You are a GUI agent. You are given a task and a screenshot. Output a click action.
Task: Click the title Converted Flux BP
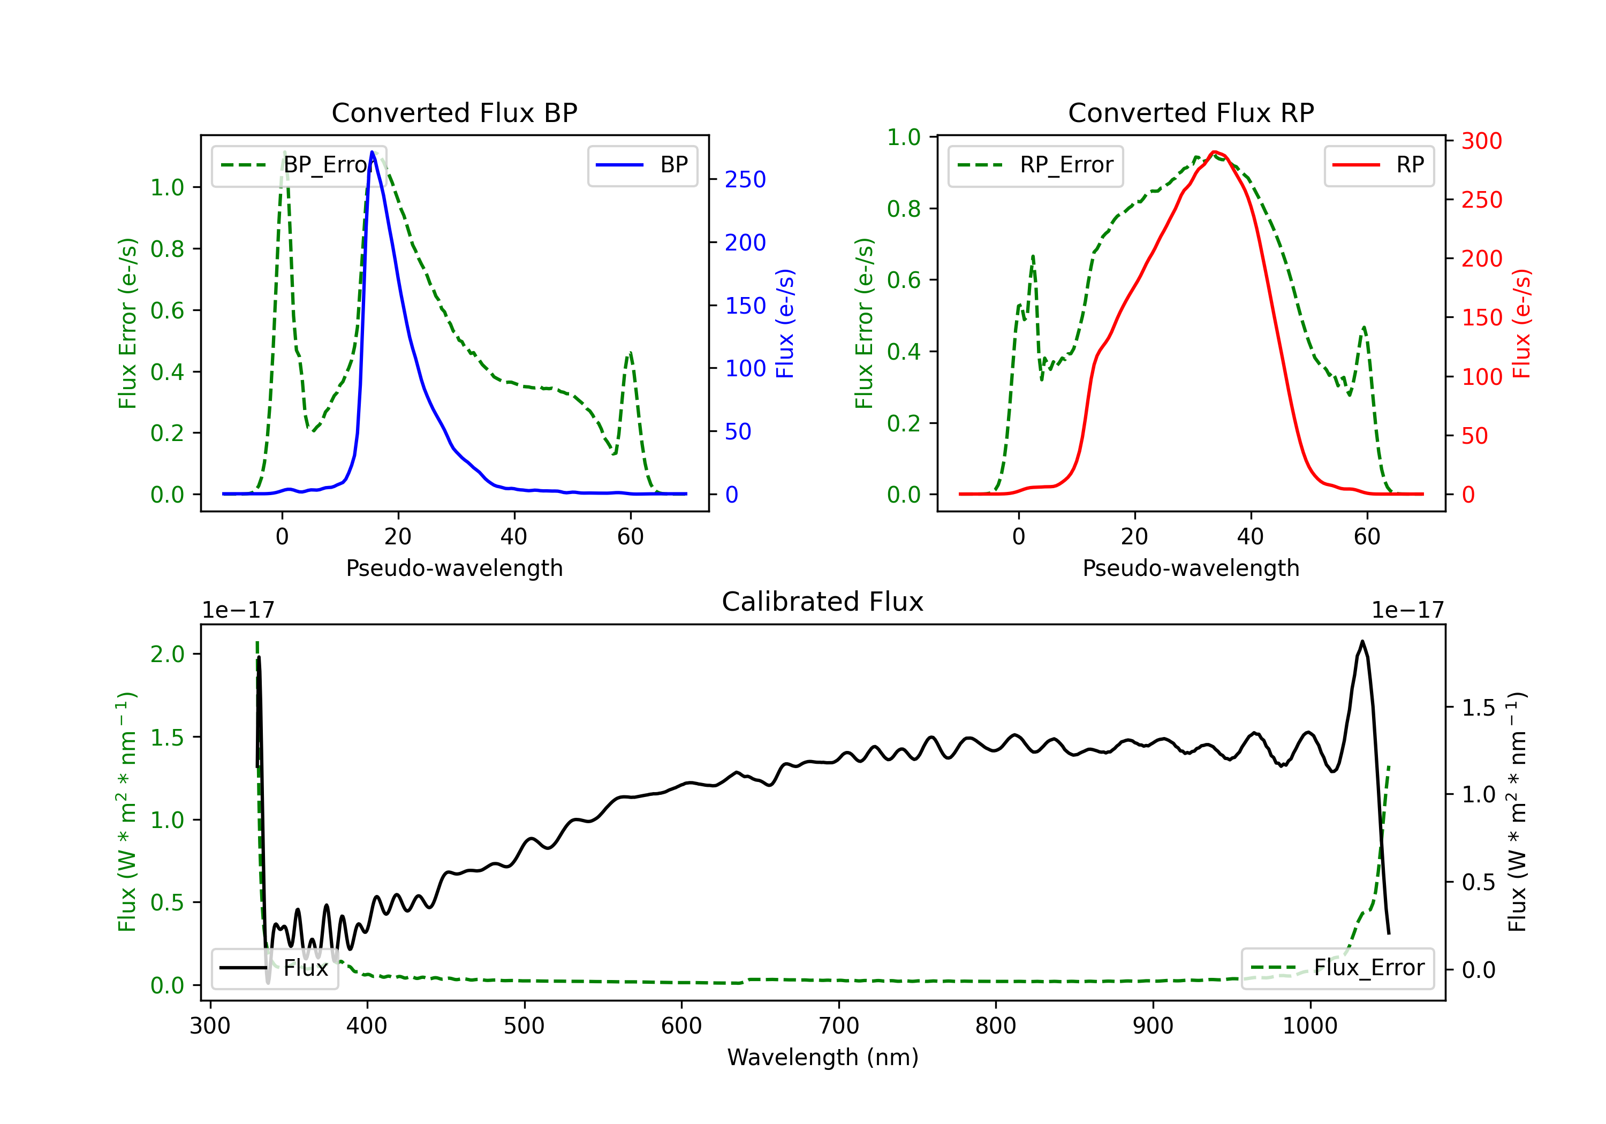(454, 112)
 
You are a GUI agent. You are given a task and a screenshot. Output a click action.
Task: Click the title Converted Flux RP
(1191, 112)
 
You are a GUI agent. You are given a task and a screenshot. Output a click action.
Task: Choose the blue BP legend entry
(642, 165)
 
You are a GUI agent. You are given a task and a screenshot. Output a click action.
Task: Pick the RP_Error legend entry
(1035, 165)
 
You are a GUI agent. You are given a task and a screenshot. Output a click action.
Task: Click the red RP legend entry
(1378, 165)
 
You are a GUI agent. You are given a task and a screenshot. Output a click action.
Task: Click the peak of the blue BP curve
(372, 152)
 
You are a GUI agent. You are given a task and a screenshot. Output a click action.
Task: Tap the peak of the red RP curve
(1214, 152)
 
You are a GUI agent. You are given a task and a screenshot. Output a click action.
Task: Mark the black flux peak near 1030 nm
(1362, 641)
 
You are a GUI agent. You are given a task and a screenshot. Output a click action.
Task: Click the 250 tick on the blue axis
(745, 180)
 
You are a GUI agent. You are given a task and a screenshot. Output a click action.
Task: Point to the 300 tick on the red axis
(1481, 141)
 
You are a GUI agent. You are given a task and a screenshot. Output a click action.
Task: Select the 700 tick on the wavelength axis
(839, 1026)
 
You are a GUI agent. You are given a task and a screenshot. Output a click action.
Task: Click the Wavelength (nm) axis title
(823, 1057)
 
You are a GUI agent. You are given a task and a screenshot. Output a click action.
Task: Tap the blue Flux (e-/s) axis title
(785, 323)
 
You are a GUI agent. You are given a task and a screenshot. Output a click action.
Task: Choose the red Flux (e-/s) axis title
(1521, 323)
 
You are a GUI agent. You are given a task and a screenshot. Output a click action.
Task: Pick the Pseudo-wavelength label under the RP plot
(1191, 568)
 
